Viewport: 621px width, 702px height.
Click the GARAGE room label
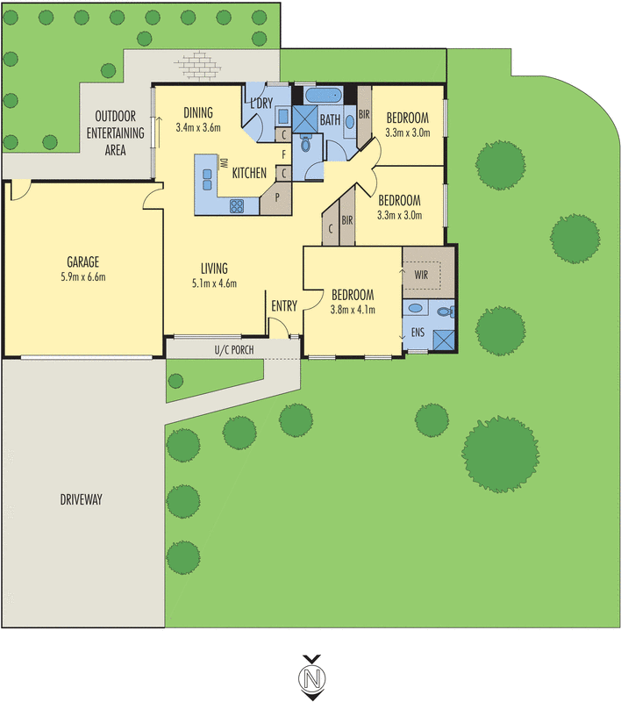coord(82,261)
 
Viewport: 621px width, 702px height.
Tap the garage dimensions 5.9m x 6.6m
coord(82,276)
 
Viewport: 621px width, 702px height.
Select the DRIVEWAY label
coord(82,499)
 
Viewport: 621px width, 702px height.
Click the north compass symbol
coord(310,677)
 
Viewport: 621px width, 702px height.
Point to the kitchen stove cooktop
coord(238,205)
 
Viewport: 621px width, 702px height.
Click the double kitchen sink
coord(207,178)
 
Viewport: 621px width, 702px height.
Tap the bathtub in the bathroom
coord(325,94)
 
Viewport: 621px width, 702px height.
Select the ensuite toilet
coord(444,312)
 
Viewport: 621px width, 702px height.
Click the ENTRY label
coord(284,306)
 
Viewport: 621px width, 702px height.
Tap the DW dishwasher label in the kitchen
coord(224,163)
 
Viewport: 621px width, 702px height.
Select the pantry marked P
coord(277,197)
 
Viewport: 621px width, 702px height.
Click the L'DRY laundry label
coord(262,104)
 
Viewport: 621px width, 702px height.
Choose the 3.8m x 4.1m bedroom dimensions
coord(352,309)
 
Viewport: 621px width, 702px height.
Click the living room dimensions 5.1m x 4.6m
coord(213,283)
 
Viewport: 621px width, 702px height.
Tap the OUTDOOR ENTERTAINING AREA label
coord(116,133)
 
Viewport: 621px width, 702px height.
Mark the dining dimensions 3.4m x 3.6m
coord(197,127)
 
